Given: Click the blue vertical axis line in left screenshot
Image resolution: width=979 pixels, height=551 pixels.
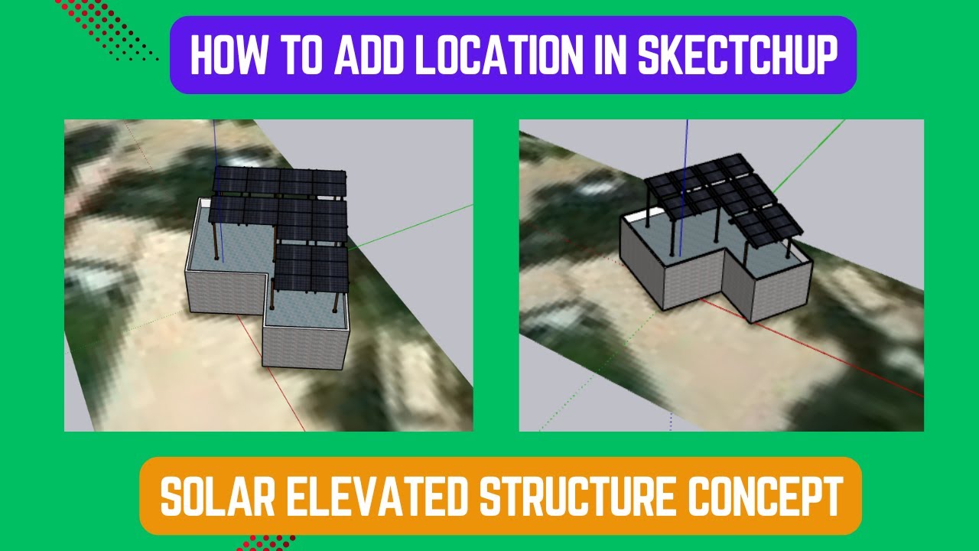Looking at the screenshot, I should (x=215, y=145).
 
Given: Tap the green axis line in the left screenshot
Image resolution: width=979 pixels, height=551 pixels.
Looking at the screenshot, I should (x=413, y=225).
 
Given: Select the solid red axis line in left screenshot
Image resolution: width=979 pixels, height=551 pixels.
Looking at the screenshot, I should (x=268, y=375).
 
